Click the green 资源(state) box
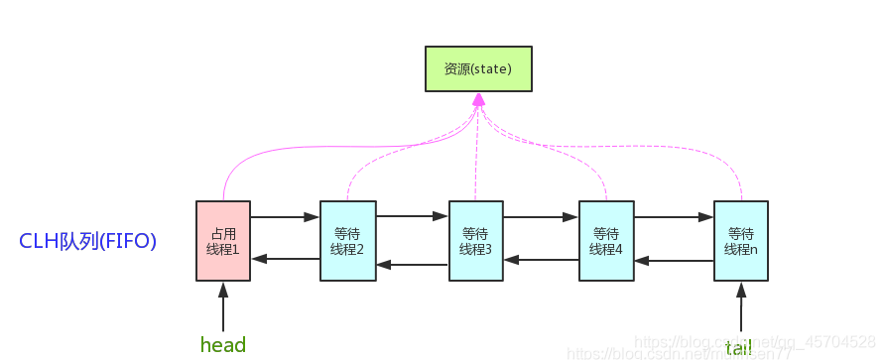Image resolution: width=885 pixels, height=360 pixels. [x=478, y=68]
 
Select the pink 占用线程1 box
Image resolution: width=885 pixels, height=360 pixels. [x=223, y=241]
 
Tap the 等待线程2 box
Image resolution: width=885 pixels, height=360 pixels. [x=347, y=241]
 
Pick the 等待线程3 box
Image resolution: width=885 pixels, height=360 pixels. [x=475, y=241]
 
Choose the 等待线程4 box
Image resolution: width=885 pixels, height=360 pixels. [x=605, y=241]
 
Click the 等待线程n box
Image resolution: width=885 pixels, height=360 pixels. [x=741, y=241]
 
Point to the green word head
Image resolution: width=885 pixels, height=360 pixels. [x=223, y=344]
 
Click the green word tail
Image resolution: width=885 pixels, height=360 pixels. [x=739, y=346]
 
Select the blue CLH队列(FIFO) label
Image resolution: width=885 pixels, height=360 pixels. [x=88, y=241]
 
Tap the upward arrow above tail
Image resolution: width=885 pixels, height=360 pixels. [x=741, y=306]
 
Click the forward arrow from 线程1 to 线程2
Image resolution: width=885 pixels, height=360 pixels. [x=286, y=215]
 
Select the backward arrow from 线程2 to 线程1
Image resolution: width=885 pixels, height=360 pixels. [x=286, y=259]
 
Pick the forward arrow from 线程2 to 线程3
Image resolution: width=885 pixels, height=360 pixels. [x=413, y=215]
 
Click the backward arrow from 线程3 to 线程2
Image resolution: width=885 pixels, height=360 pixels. [x=413, y=265]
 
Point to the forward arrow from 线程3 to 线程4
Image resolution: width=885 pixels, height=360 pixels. [x=541, y=215]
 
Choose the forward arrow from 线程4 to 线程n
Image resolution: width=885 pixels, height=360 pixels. [x=674, y=215]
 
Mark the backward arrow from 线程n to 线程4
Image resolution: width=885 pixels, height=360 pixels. [x=674, y=262]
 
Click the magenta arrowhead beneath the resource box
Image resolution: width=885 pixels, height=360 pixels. [x=478, y=100]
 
